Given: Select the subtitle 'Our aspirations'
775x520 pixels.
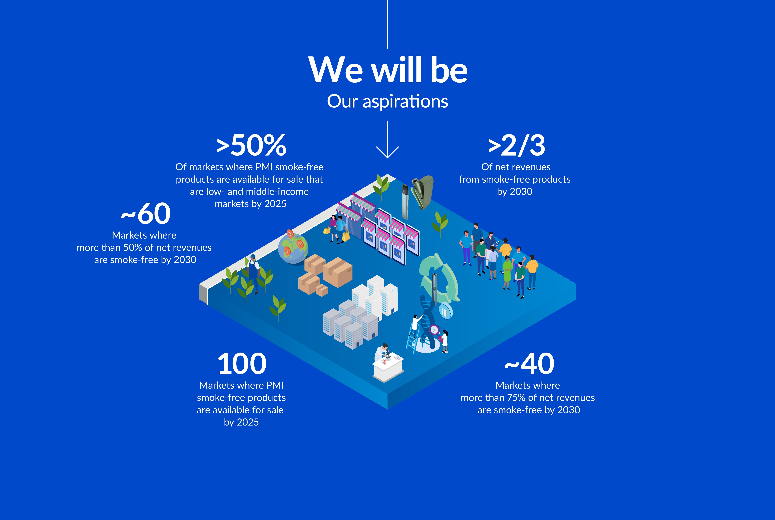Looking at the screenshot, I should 387,101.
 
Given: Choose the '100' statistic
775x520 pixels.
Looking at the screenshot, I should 241,364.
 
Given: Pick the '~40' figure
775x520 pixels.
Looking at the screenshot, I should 529,364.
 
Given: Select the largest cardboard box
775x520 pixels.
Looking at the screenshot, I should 338,272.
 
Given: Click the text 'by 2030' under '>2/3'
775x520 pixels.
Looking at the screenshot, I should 515,192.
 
